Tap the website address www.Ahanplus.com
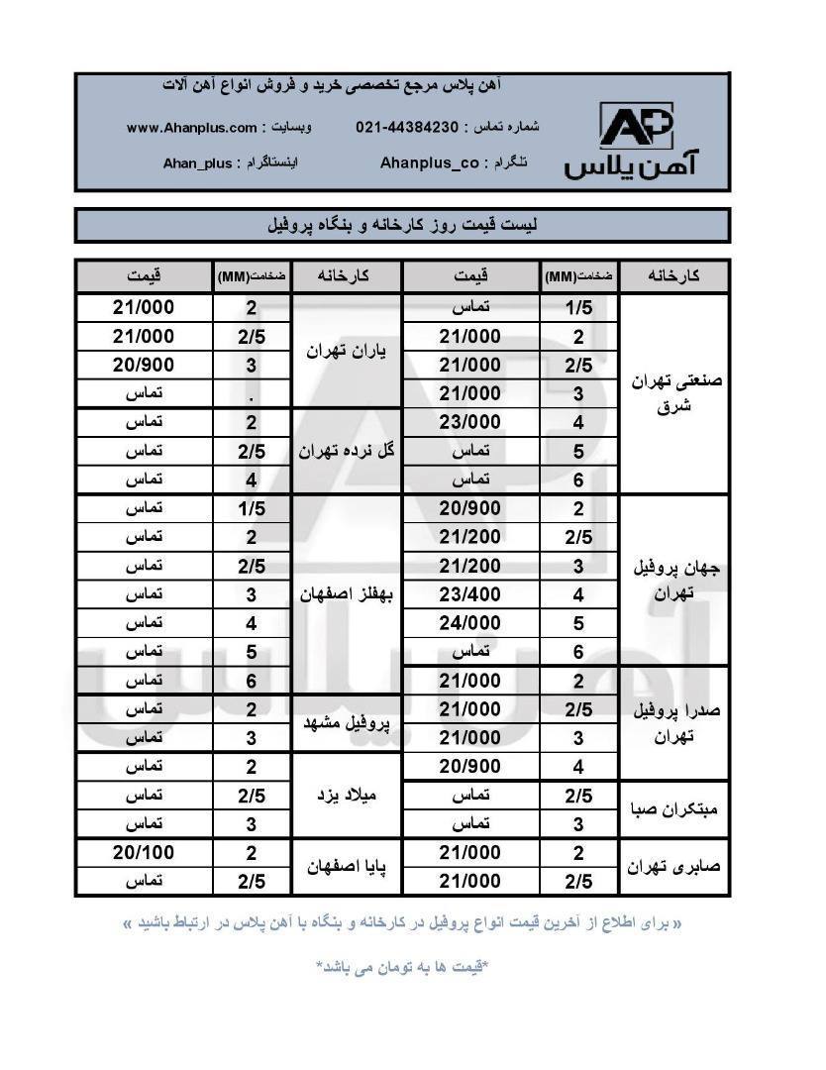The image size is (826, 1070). tap(192, 128)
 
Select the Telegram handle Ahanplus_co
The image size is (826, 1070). tap(430, 161)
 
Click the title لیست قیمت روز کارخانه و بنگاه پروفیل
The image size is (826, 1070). tap(402, 225)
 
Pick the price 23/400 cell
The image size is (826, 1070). tap(470, 594)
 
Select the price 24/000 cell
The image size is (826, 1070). tap(470, 623)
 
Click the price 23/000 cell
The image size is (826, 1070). tap(470, 422)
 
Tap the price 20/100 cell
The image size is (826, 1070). tap(144, 852)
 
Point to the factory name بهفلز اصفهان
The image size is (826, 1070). tap(347, 594)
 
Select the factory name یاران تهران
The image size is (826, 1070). tap(347, 351)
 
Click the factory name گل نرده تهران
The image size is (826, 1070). tap(347, 451)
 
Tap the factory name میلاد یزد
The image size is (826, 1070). tap(347, 795)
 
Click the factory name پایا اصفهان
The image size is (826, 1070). tap(347, 867)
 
